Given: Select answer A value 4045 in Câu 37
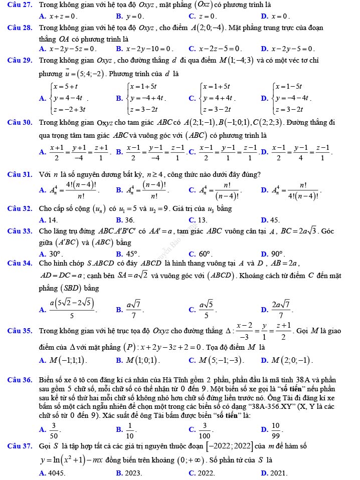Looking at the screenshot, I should click(x=55, y=473).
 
